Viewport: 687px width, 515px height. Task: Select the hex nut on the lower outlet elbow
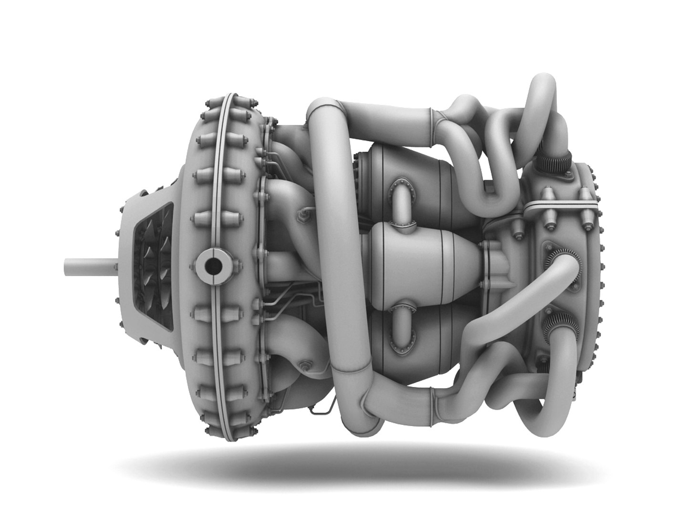[304, 366]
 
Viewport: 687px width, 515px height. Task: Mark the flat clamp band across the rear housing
[561, 205]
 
